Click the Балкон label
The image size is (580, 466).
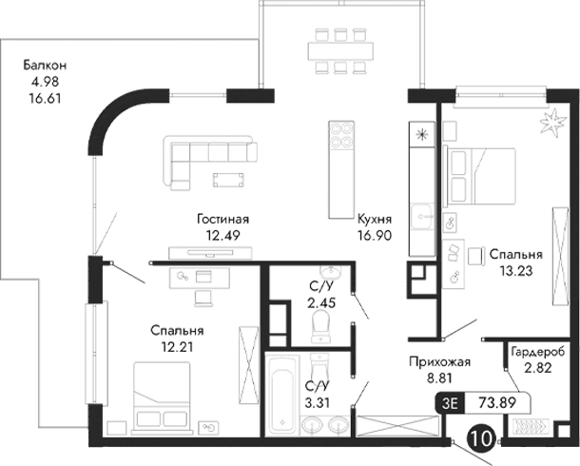click(x=47, y=66)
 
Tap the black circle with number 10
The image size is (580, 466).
click(x=482, y=437)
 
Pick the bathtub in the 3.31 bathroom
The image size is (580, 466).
click(x=281, y=393)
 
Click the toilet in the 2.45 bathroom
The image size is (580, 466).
click(x=320, y=325)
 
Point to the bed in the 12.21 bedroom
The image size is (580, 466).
click(x=161, y=394)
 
